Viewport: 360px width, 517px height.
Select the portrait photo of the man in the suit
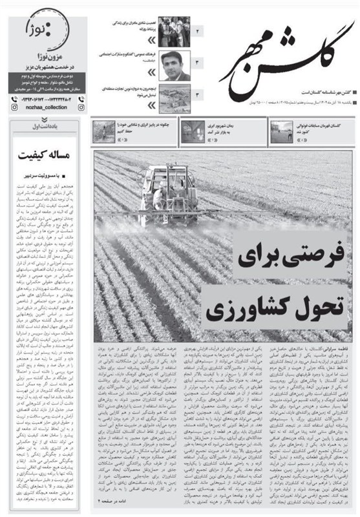pos(173,64)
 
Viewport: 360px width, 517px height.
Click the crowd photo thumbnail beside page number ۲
pos(173,30)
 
